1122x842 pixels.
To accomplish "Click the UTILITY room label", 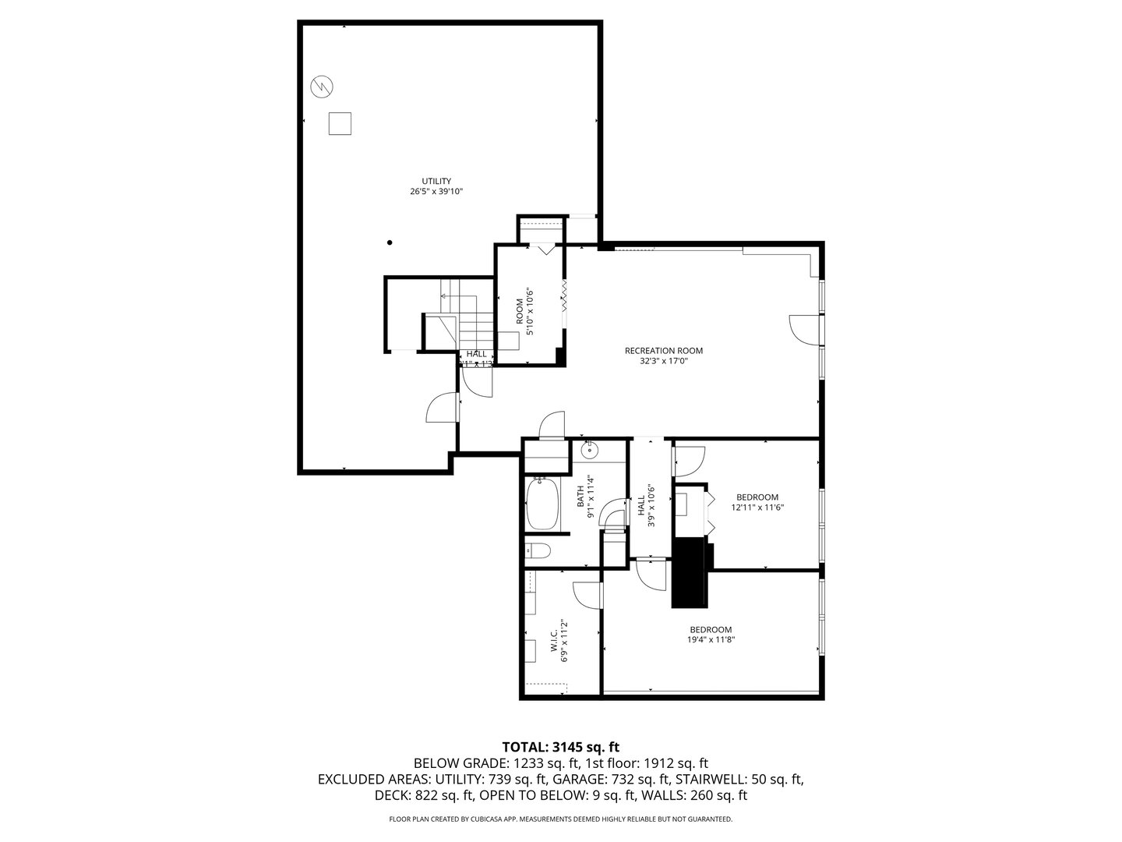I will pyautogui.click(x=436, y=181).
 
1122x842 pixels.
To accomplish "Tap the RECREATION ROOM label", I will pyautogui.click(x=663, y=351).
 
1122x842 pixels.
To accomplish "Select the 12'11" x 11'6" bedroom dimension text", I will pyautogui.click(x=757, y=508).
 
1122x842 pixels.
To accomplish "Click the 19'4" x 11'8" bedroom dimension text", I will pyautogui.click(x=711, y=640).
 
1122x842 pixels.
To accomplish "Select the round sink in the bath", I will pyautogui.click(x=590, y=449).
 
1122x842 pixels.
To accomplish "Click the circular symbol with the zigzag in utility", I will pyautogui.click(x=321, y=86).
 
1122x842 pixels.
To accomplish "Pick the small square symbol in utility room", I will pyautogui.click(x=340, y=124).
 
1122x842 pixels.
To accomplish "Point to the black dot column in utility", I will pyautogui.click(x=390, y=242).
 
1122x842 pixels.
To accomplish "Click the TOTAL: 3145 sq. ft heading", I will pyautogui.click(x=560, y=747).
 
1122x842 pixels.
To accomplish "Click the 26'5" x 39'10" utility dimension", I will pyautogui.click(x=436, y=191).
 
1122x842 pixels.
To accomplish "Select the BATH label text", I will pyautogui.click(x=580, y=497).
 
